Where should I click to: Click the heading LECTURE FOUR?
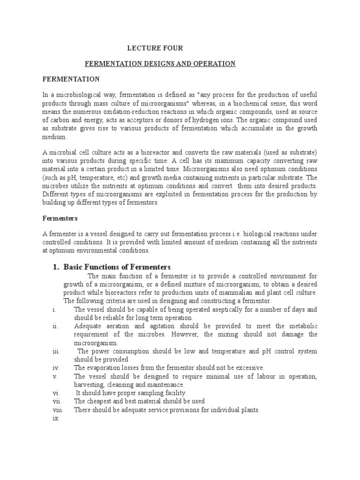click(155, 48)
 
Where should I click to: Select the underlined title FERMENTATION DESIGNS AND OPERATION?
click(159, 63)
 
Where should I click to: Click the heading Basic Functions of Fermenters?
click(117, 267)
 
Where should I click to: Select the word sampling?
click(144, 393)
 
